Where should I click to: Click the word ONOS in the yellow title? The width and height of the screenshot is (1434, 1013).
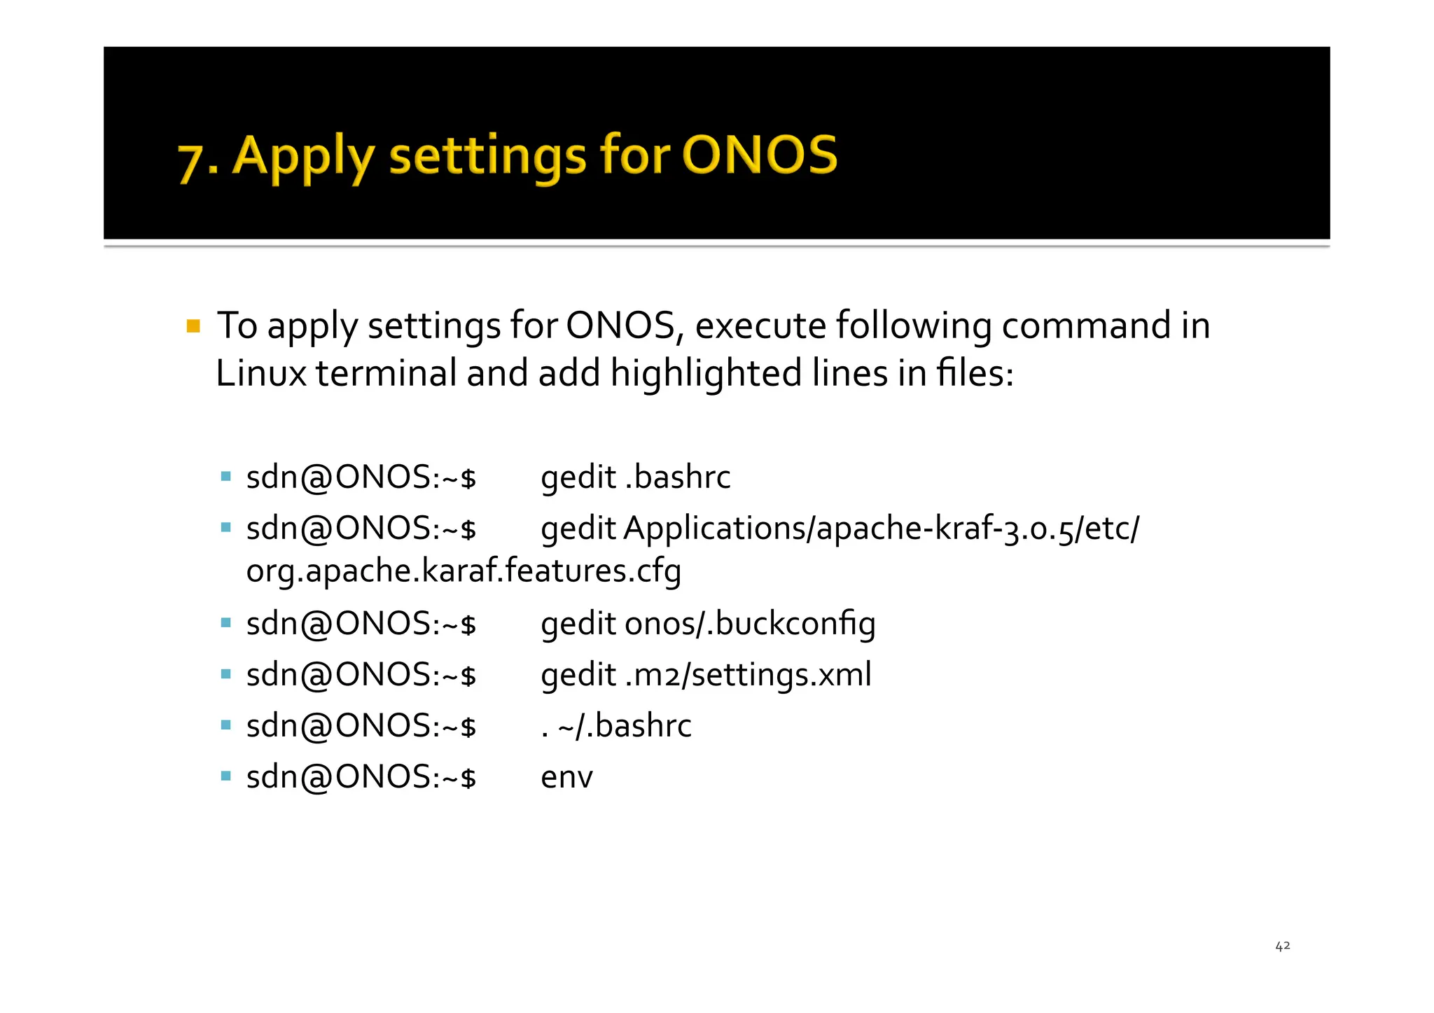pyautogui.click(x=759, y=155)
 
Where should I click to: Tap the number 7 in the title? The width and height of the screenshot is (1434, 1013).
pyautogui.click(x=190, y=162)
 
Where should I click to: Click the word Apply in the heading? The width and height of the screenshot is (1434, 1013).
pyautogui.click(x=302, y=158)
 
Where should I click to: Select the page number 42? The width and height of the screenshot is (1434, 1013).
pyautogui.click(x=1282, y=946)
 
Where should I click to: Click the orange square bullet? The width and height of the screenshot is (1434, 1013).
pyautogui.click(x=193, y=326)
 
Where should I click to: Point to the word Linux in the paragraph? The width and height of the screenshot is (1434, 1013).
pyautogui.click(x=260, y=373)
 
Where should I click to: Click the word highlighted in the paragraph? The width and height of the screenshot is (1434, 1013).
pyautogui.click(x=706, y=373)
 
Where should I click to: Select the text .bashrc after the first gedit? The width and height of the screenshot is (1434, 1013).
pyautogui.click(x=677, y=477)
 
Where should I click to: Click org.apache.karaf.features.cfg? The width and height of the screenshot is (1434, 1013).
pyautogui.click(x=464, y=571)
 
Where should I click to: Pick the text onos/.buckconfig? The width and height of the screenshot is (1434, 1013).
pyautogui.click(x=749, y=624)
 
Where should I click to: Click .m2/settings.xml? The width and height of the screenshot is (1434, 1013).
pyautogui.click(x=748, y=675)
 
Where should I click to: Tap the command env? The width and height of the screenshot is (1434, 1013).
pyautogui.click(x=566, y=777)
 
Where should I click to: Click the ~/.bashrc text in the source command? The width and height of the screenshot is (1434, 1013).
pyautogui.click(x=625, y=726)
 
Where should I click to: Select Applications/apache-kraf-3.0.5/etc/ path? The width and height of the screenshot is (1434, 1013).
pyautogui.click(x=881, y=529)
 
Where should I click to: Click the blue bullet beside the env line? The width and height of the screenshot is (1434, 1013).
pyautogui.click(x=225, y=776)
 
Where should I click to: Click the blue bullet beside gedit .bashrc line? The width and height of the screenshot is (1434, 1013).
pyautogui.click(x=225, y=477)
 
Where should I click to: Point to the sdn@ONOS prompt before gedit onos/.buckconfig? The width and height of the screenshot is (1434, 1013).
pyautogui.click(x=361, y=624)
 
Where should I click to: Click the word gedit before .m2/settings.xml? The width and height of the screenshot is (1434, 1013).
pyautogui.click(x=578, y=675)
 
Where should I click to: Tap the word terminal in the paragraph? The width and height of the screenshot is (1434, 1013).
pyautogui.click(x=386, y=373)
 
